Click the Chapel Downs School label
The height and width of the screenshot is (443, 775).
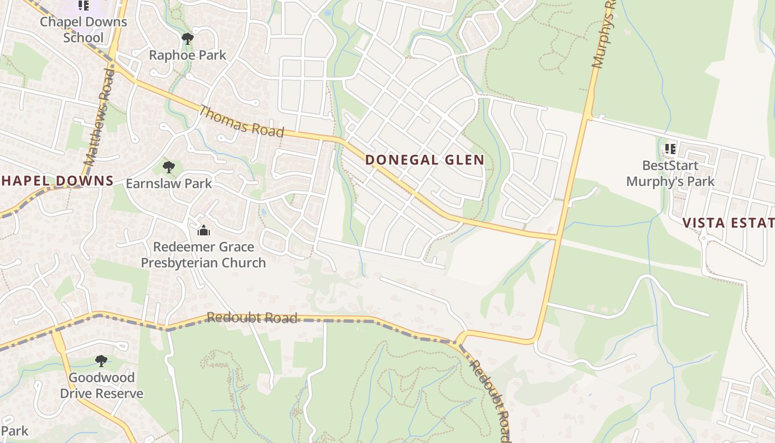pos(84,30)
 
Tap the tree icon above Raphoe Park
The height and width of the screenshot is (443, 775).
pos(188,39)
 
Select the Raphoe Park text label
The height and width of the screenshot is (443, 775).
pos(188,55)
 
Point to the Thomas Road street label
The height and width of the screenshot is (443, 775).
pos(241,121)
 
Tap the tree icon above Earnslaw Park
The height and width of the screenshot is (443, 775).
pos(168,167)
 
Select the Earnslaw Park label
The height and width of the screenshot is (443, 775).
pos(169,183)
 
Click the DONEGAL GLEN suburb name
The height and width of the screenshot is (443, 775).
pos(425,161)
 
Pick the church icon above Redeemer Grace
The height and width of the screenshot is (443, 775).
pos(204,230)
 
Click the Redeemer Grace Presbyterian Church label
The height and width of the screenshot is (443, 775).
pos(203,255)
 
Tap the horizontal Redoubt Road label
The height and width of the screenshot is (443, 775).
pos(252,317)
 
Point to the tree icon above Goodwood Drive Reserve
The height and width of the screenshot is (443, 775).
pos(101,361)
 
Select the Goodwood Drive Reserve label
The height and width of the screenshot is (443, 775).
pos(101,385)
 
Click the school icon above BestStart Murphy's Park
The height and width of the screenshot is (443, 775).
pos(670,149)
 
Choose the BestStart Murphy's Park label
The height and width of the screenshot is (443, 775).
pos(670,173)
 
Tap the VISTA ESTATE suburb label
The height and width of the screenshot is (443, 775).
pos(728,223)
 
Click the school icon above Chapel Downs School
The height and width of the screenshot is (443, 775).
pos(84,6)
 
